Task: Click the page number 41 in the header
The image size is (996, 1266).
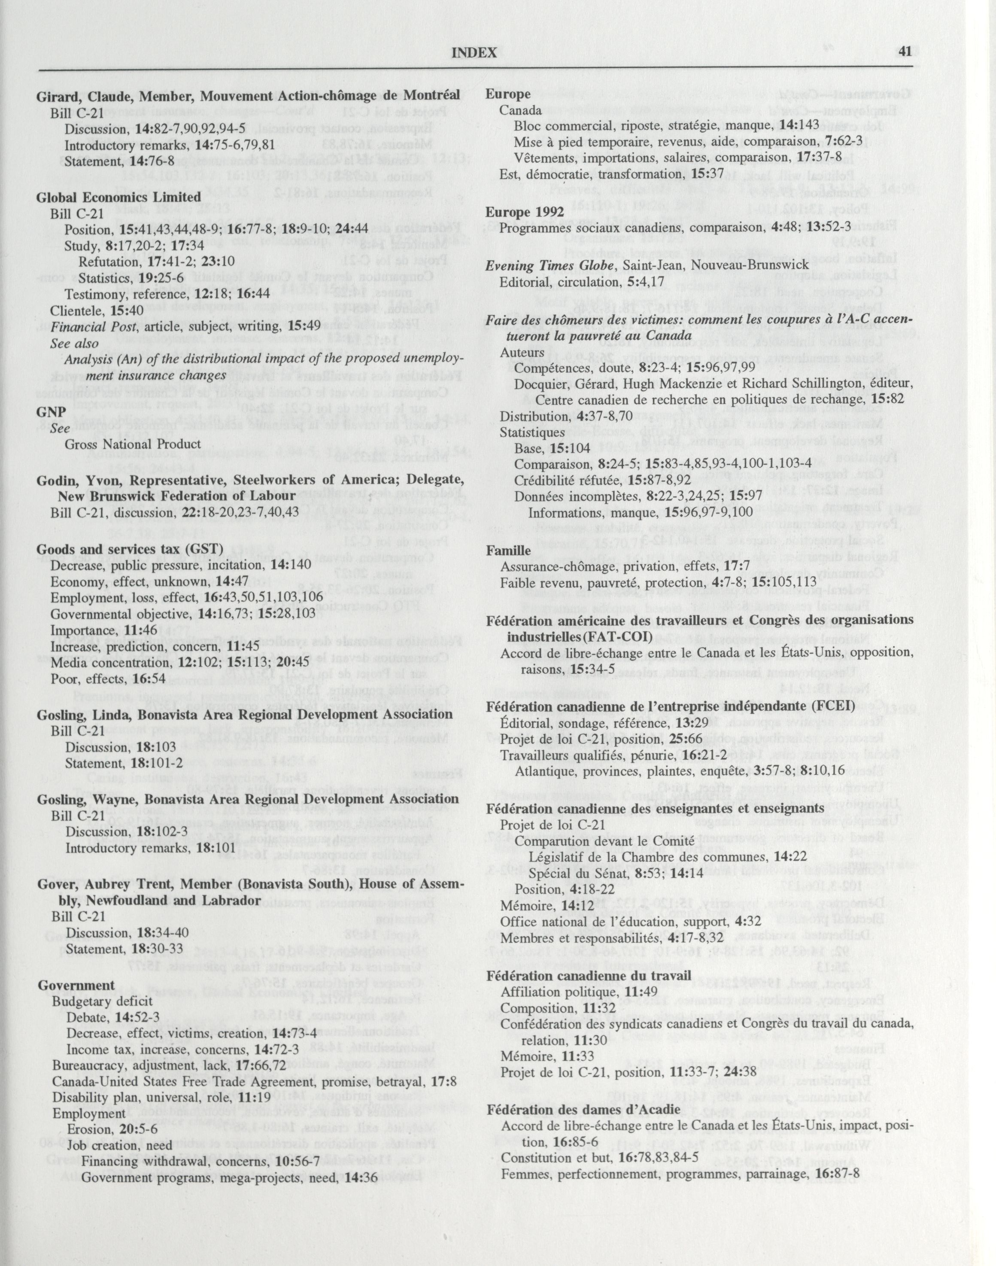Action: tap(905, 52)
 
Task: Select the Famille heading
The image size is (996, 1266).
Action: tap(508, 550)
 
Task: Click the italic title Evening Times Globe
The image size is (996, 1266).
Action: tap(544, 265)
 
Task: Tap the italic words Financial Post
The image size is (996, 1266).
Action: tap(86, 326)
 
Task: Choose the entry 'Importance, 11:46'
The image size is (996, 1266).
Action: tap(91, 631)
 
